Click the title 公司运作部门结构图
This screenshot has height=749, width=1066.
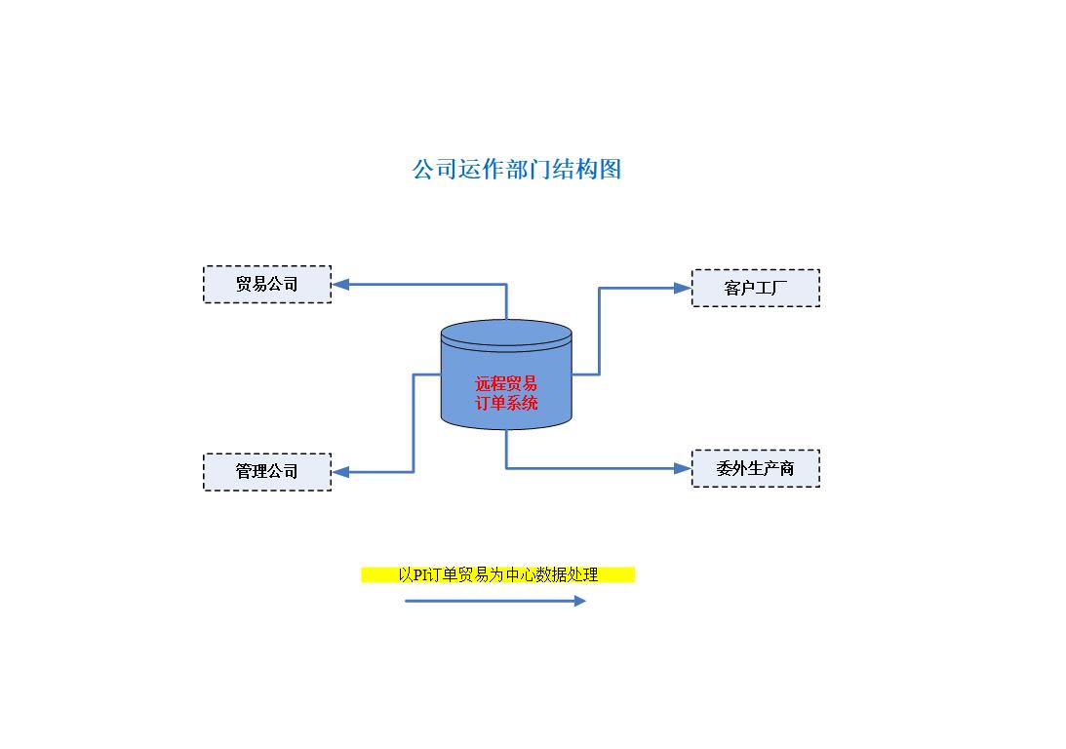517,170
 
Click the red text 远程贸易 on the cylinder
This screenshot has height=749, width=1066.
506,383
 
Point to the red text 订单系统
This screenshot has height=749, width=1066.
506,403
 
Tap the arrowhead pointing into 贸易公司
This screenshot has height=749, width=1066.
340,284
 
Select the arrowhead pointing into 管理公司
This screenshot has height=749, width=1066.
340,472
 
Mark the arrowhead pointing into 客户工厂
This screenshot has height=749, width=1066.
683,288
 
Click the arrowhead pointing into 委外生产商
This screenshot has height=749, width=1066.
683,468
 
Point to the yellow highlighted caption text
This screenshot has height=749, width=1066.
498,575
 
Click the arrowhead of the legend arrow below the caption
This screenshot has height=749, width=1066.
580,601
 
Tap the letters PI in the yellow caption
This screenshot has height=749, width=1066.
420,575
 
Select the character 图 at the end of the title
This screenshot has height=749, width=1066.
611,170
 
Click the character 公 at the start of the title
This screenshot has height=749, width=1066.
423,170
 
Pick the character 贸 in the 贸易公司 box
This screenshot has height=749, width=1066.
244,284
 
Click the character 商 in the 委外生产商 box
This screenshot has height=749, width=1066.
787,468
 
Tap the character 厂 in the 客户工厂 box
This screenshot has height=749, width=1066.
779,288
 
